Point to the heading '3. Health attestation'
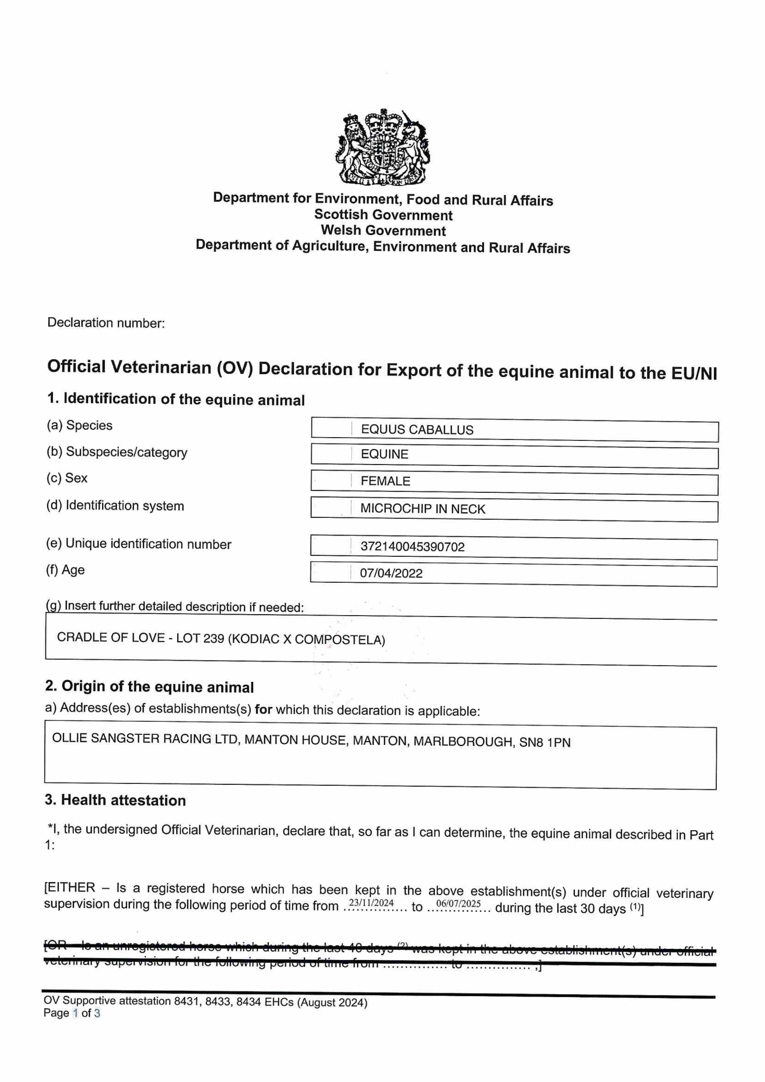[x=116, y=800]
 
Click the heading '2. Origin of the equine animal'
[x=149, y=687]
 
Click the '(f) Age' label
[x=66, y=570]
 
